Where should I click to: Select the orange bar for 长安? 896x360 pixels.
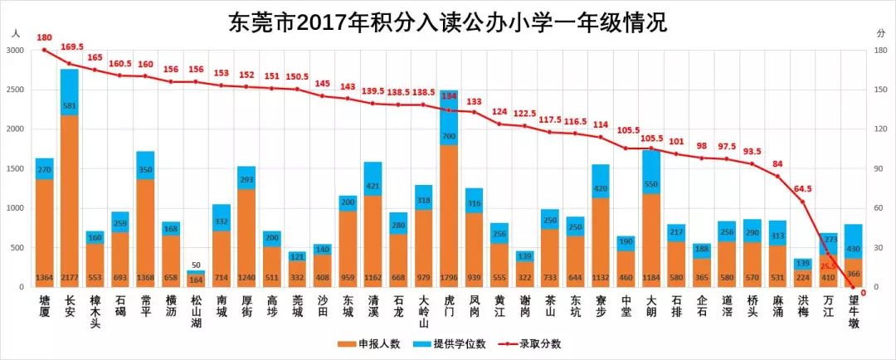[70, 199]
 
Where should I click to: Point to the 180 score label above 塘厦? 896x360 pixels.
[44, 38]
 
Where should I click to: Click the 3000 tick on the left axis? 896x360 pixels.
[15, 51]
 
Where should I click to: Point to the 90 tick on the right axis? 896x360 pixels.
[881, 168]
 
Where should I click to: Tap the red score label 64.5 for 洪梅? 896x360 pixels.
[803, 189]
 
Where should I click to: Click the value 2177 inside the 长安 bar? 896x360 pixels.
[70, 276]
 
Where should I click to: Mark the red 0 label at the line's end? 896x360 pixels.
[864, 292]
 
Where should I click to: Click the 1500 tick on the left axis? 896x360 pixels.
[15, 168]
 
